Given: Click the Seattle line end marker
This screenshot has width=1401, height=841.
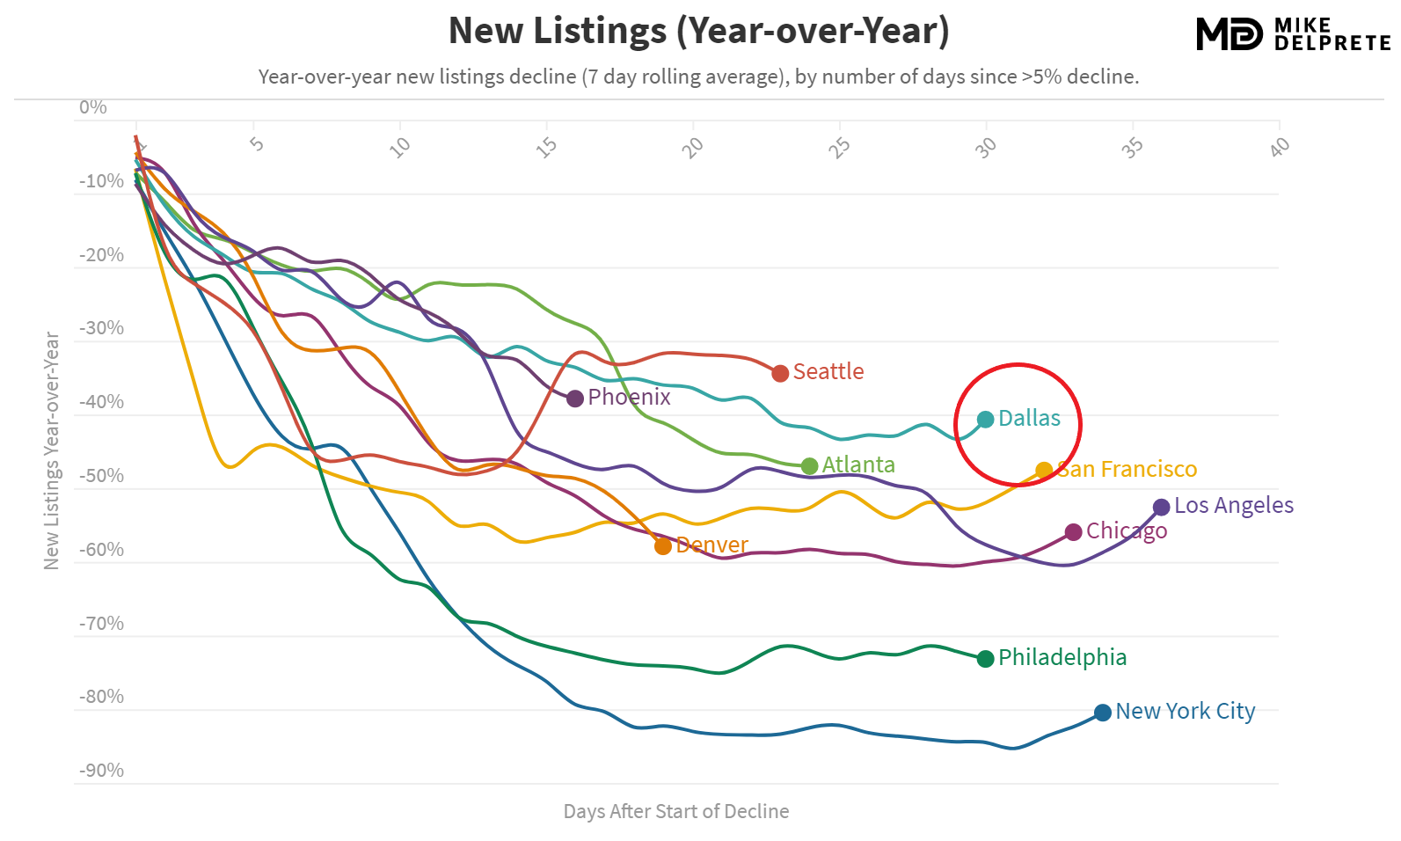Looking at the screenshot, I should pos(780,373).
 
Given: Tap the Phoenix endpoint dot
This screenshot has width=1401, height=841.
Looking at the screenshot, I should pos(575,399).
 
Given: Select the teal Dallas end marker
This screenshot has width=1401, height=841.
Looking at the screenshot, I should pos(986,420).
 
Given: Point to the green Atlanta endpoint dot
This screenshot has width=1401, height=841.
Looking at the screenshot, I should pos(810,466).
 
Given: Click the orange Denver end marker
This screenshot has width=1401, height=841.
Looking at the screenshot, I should pos(663,546).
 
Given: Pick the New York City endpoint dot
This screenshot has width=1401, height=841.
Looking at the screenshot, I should pos(1103,713).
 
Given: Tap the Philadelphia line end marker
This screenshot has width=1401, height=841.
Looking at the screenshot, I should pos(986,659).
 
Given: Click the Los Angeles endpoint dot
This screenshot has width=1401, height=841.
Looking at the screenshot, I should pos(1162,507).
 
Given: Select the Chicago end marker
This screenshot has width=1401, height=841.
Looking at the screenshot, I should pos(1073,532).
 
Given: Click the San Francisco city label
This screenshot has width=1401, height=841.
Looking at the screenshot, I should pos(1127,470).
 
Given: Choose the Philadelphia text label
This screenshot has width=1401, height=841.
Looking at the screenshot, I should pos(1062,658).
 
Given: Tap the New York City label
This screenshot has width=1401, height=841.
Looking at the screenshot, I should pos(1185,712).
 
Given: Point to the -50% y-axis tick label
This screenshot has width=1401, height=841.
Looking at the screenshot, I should pos(101,476).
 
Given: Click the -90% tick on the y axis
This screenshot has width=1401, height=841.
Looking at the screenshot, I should pos(101,771).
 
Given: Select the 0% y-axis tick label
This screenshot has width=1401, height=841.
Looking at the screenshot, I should pos(92,107).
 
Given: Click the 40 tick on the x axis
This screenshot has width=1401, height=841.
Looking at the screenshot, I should pos(1280,146).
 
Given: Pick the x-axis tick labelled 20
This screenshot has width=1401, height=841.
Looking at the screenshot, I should pos(693,147).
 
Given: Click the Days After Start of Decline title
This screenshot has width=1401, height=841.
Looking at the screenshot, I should pos(675,811).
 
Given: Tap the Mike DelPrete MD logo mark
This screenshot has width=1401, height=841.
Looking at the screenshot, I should pos(1229,34).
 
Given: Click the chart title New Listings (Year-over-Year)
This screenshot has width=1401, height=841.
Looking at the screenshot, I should pos(698,31).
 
